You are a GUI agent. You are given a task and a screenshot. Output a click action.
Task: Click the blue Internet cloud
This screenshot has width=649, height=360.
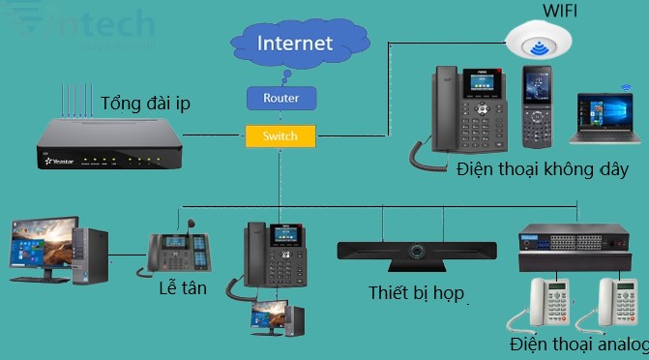[x=296, y=44]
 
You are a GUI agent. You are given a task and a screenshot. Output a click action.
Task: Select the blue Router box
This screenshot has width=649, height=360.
[x=280, y=98]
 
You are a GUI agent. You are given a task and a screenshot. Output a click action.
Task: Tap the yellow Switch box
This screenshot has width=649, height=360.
[x=280, y=135]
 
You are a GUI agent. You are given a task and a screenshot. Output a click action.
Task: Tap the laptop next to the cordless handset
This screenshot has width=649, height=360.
[x=605, y=122]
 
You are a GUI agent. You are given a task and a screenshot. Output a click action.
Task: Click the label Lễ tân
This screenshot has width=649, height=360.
[x=181, y=288]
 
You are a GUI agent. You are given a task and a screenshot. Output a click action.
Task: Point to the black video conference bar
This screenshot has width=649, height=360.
[x=418, y=252]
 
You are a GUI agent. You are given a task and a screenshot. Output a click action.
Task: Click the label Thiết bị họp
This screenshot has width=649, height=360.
[x=417, y=292]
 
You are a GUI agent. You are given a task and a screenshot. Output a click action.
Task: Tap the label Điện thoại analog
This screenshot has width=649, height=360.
[x=578, y=345]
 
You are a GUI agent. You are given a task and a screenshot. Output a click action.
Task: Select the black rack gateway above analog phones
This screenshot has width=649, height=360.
[x=574, y=247]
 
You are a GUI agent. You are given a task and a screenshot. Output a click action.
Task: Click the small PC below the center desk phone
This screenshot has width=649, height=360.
[x=278, y=320]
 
